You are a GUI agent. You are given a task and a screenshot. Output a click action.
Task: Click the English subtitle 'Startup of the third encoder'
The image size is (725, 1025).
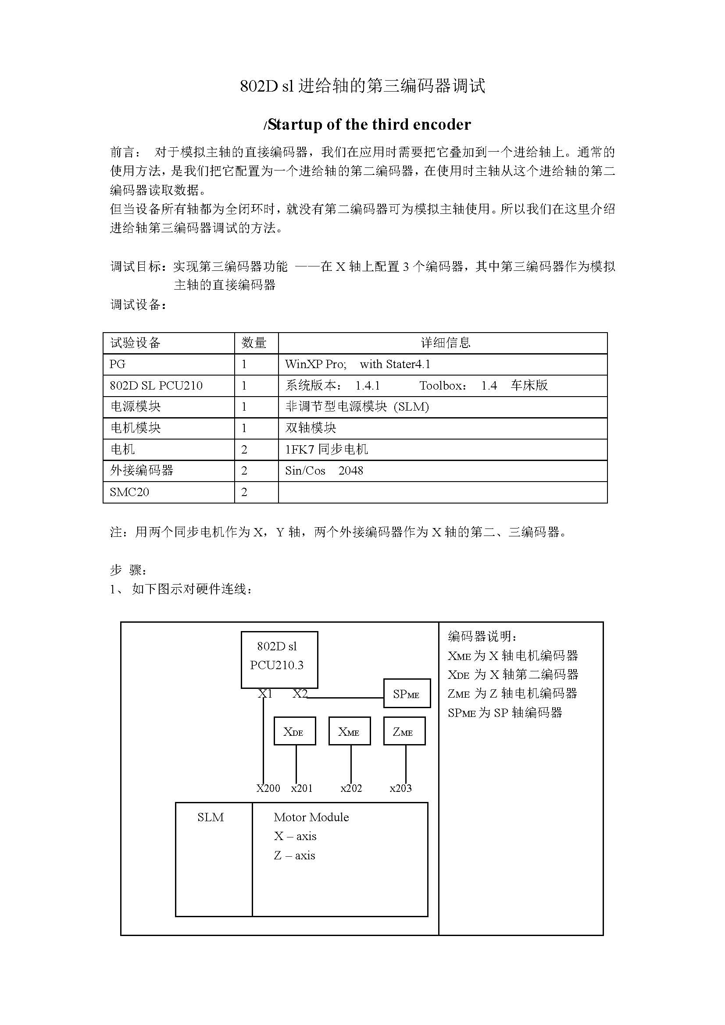(367, 124)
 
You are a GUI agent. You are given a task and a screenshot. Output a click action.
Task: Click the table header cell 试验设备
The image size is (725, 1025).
(136, 343)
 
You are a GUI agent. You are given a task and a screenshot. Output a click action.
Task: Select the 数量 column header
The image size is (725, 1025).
(254, 343)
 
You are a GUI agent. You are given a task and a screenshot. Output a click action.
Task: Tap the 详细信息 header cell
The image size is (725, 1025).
(445, 343)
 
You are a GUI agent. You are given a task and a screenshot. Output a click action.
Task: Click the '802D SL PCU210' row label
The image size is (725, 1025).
(156, 386)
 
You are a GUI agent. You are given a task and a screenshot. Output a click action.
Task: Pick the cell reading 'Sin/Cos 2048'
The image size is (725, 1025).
(324, 471)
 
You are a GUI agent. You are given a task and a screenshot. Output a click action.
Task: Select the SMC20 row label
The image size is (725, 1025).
(129, 492)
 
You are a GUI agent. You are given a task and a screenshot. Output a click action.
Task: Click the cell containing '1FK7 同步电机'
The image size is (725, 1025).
(327, 449)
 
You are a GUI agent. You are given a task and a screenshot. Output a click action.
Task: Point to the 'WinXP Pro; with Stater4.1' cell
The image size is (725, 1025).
(357, 364)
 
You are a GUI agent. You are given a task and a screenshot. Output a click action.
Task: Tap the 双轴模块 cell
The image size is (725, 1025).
(311, 428)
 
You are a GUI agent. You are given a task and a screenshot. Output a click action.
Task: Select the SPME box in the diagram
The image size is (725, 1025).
(407, 693)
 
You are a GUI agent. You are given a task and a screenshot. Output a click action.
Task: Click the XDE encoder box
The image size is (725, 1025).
(294, 731)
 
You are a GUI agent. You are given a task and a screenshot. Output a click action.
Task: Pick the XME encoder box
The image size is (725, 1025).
(349, 731)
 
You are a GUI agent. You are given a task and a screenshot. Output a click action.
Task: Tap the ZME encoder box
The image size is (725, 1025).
(404, 731)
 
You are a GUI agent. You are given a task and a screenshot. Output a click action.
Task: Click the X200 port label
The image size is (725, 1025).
(268, 788)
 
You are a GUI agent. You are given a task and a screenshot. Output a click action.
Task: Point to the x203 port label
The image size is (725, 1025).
(401, 788)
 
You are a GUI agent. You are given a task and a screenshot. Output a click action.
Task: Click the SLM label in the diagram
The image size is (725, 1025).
(211, 817)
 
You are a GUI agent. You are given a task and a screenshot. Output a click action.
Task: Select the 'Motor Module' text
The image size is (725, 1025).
(311, 817)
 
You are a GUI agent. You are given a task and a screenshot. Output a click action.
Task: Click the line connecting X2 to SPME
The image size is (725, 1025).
(346, 697)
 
